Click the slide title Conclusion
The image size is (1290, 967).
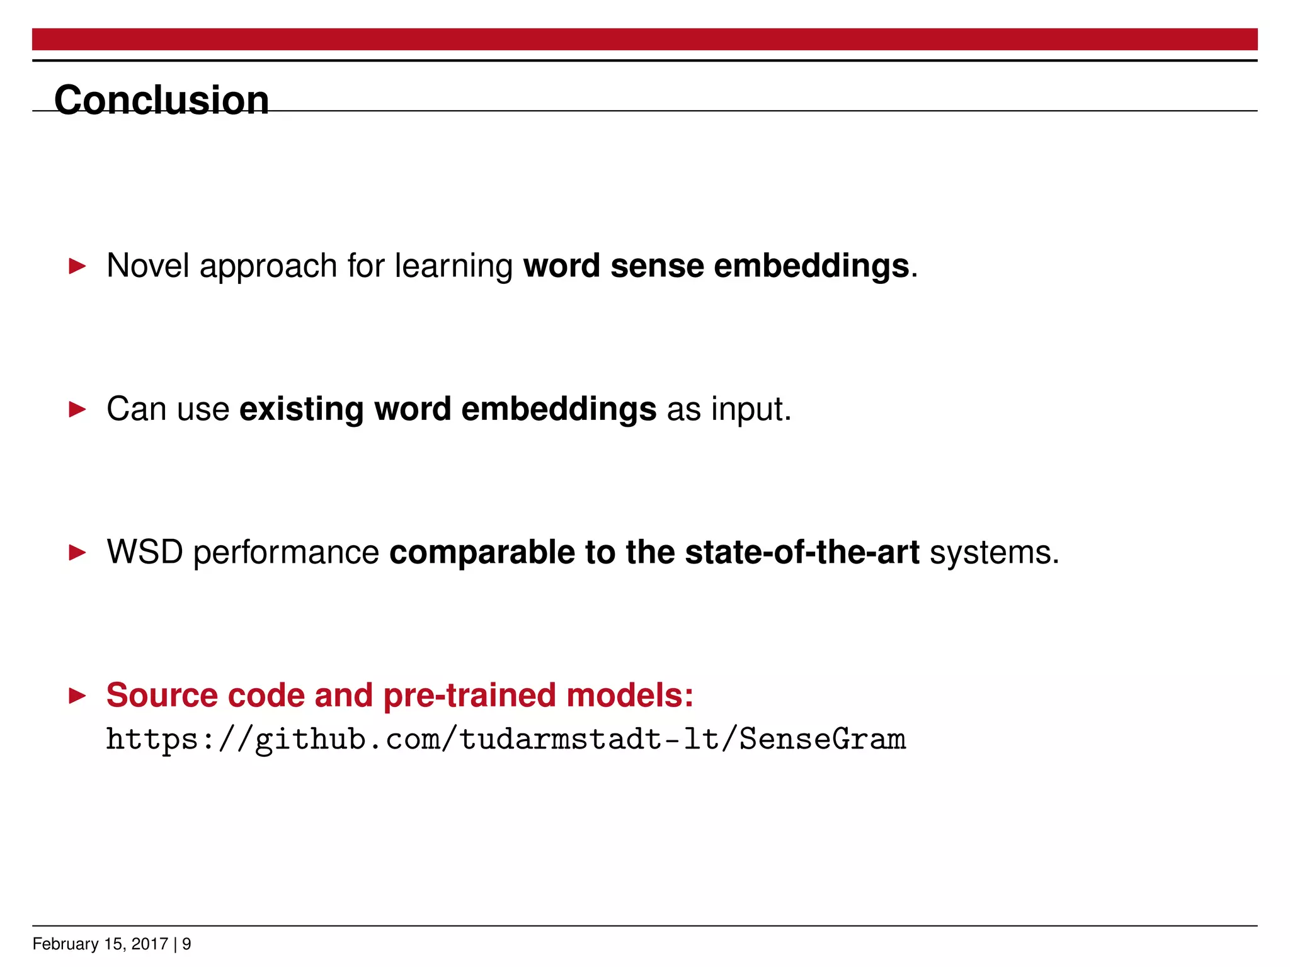click(x=161, y=100)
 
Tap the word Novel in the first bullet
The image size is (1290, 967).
click(x=147, y=266)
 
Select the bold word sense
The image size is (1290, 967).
click(x=656, y=266)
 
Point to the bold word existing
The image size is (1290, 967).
click(x=301, y=409)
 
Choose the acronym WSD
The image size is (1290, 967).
click(x=144, y=552)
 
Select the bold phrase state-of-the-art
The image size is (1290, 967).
click(x=801, y=552)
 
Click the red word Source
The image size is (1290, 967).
click(x=161, y=696)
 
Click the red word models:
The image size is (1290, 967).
click(x=629, y=696)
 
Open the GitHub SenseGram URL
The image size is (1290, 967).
click(x=505, y=739)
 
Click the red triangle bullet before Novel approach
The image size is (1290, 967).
click(x=77, y=266)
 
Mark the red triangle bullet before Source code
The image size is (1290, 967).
click(x=77, y=696)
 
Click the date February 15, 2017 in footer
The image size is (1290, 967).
click(x=100, y=944)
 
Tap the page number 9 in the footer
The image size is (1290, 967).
click(x=186, y=944)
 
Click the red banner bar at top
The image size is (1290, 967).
click(x=644, y=39)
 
